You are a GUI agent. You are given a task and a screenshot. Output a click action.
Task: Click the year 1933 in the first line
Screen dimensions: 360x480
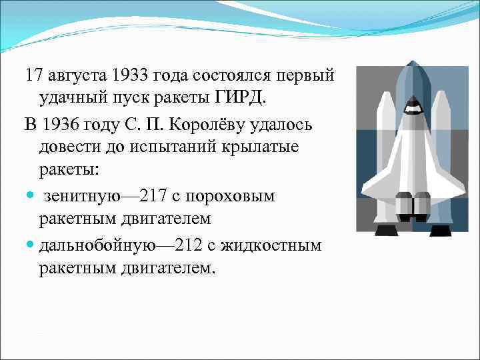tap(134, 73)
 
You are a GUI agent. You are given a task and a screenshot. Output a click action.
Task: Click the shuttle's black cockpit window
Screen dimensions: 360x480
tap(413, 105)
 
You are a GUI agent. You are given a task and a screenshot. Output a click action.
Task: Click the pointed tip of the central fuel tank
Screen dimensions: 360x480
tap(413, 64)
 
